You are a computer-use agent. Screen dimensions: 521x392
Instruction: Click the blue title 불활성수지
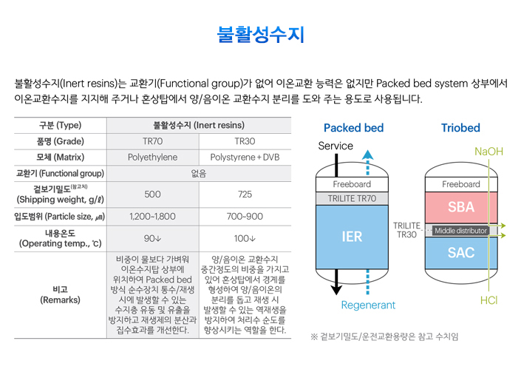point(260,35)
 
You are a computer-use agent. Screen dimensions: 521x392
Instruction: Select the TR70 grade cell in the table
point(152,141)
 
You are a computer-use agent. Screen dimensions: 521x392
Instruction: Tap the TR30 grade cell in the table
point(245,141)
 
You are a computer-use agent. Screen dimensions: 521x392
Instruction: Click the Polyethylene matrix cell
point(152,158)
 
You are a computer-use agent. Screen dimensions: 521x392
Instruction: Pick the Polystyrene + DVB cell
point(245,158)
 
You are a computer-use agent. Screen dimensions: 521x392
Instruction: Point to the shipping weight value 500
point(152,195)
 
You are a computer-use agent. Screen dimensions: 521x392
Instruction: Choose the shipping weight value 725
point(245,195)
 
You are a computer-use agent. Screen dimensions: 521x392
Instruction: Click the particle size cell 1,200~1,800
point(152,217)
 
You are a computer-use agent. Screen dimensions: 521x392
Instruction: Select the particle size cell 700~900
point(245,217)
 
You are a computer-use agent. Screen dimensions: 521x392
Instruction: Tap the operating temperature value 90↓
point(152,238)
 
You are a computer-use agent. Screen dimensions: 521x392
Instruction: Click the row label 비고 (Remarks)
point(60,295)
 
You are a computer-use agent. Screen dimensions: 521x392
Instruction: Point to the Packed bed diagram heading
point(353,128)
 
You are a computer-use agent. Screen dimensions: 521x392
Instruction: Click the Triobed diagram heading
point(460,128)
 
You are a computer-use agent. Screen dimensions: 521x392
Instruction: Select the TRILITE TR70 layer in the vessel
point(352,198)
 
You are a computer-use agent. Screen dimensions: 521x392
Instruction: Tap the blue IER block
point(352,237)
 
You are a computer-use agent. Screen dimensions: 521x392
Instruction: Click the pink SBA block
point(461,207)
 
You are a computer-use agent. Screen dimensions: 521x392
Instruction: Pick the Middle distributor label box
point(460,231)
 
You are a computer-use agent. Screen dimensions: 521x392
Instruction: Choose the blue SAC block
point(461,253)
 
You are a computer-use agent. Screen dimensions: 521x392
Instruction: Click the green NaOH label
point(488,152)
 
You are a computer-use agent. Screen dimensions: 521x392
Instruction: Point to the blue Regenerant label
point(368,305)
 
